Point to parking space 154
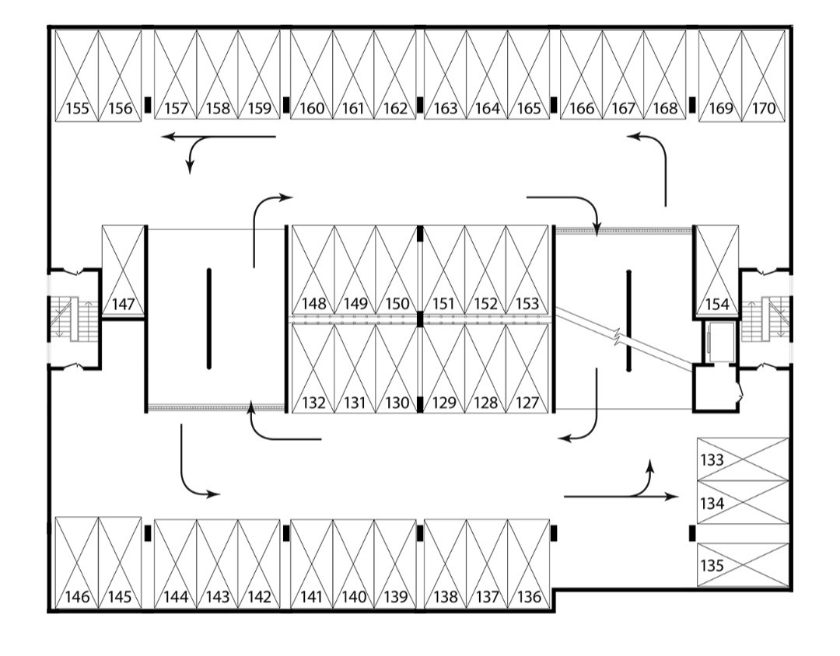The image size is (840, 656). point(716,271)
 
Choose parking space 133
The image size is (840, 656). point(742,459)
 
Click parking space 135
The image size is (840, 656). point(742,565)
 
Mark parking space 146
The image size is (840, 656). point(77,563)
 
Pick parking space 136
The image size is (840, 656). point(529,563)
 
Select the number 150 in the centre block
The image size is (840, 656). point(397,303)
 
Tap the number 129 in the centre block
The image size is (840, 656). point(443,403)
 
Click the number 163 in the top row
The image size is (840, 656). point(445,109)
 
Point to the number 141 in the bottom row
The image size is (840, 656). point(311,597)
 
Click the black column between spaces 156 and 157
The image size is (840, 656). point(147,105)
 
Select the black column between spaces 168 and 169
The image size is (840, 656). point(691,105)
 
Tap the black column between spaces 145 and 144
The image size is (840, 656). point(147,533)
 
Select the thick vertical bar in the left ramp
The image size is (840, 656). point(208,319)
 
